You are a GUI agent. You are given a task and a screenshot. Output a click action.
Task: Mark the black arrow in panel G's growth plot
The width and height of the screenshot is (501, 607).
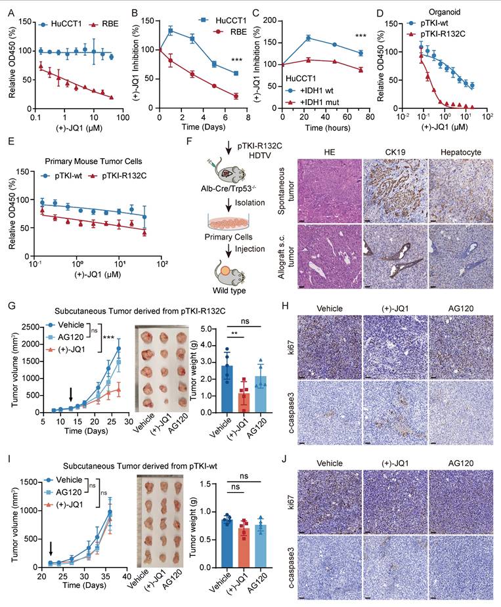(72, 394)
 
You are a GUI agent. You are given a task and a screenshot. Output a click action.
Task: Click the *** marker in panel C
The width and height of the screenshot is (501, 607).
(360, 34)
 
